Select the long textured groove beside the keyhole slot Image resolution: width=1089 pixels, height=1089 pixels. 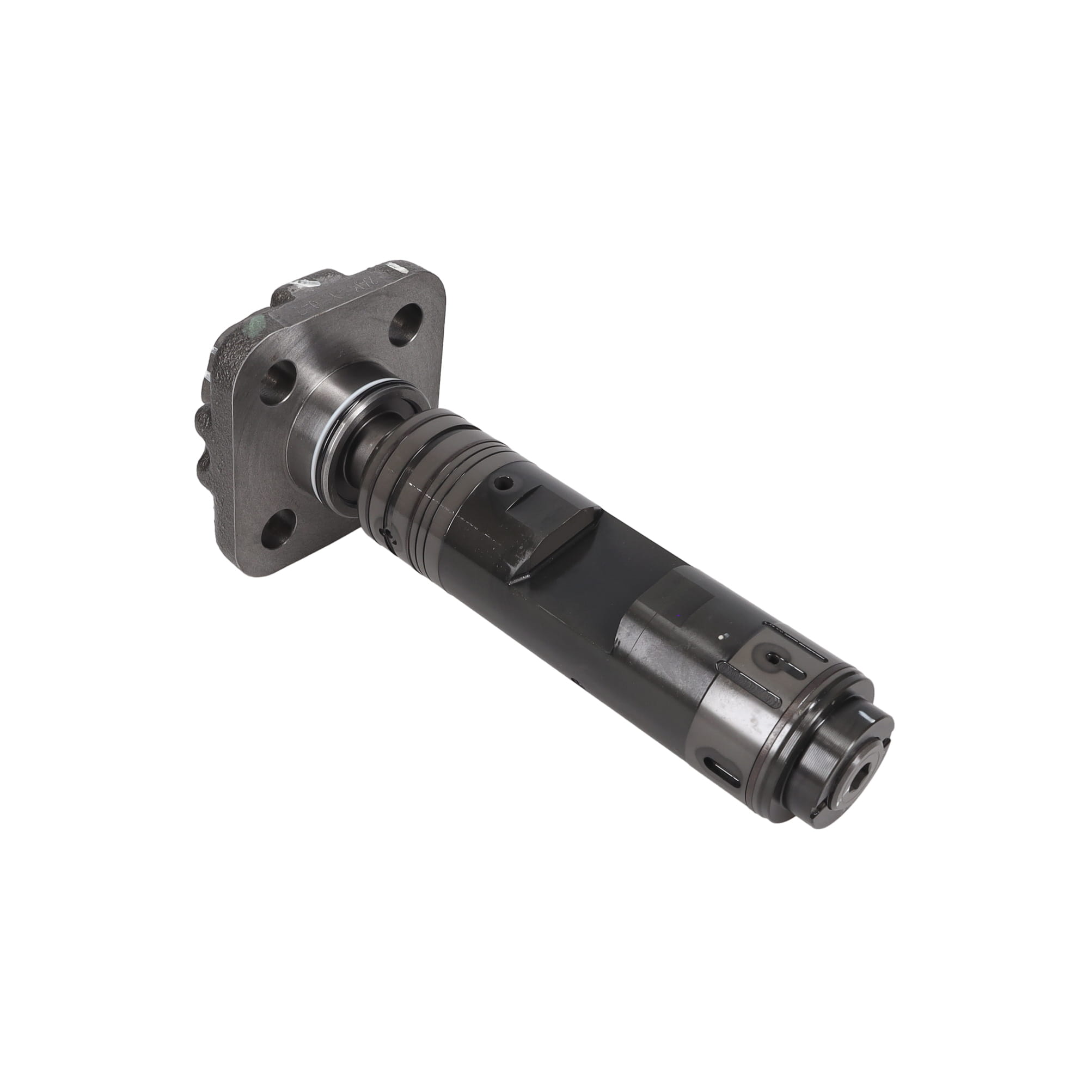pyautogui.click(x=750, y=683)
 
